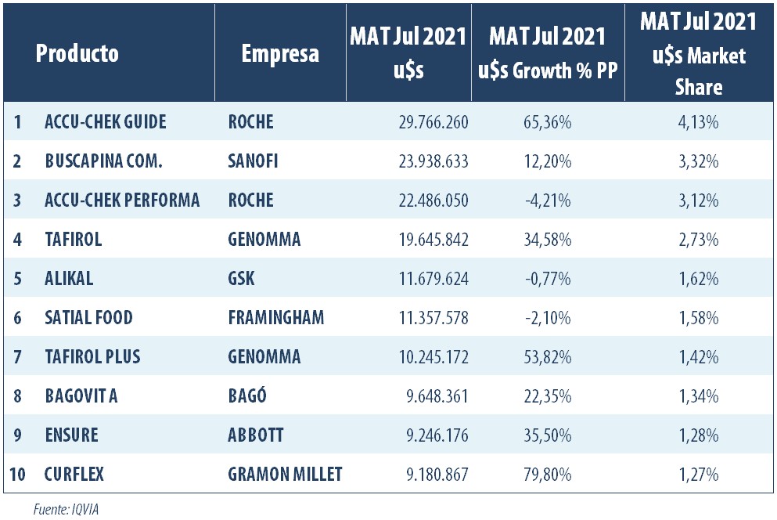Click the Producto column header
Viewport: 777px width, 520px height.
(x=77, y=53)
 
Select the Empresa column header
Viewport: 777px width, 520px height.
(x=280, y=53)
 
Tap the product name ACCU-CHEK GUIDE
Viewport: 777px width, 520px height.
(x=106, y=122)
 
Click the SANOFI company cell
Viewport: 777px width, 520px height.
(x=254, y=161)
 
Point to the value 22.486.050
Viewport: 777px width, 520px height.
(x=426, y=200)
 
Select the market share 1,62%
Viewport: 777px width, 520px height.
(x=698, y=279)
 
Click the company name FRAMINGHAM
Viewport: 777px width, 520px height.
(x=275, y=318)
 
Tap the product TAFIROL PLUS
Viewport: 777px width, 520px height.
(x=92, y=357)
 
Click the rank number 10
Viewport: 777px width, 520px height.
(x=17, y=475)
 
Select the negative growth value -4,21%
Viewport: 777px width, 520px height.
(x=546, y=200)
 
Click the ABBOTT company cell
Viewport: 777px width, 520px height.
(x=256, y=435)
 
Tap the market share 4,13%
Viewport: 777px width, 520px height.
(x=698, y=122)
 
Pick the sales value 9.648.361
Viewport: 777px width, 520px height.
(x=432, y=396)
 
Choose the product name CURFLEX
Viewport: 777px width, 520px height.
(x=74, y=475)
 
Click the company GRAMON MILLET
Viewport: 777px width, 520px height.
(x=285, y=475)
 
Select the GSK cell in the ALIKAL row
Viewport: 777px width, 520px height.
(x=241, y=279)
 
